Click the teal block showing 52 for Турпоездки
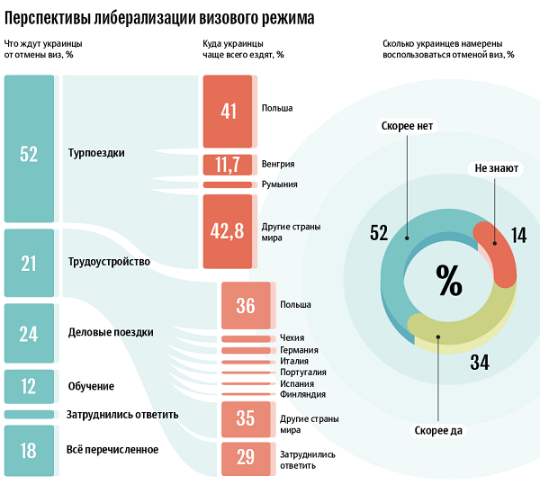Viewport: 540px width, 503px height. click(x=29, y=148)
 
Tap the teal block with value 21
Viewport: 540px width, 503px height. click(x=29, y=263)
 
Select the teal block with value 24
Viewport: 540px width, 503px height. click(x=29, y=333)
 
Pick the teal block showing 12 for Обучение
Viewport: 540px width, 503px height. click(x=29, y=386)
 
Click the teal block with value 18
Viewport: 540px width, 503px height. click(x=29, y=451)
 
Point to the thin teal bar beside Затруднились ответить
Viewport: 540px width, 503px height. click(x=29, y=414)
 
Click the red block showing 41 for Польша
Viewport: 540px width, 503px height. click(x=228, y=112)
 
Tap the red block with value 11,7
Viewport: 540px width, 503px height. click(x=228, y=165)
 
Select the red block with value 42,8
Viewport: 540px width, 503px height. click(x=228, y=231)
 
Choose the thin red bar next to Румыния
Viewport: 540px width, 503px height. click(x=228, y=184)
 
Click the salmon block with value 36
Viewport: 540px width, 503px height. click(x=246, y=305)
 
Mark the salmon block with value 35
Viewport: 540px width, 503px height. click(x=246, y=419)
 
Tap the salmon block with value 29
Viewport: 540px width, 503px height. click(x=246, y=459)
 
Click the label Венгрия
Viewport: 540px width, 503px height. click(x=278, y=164)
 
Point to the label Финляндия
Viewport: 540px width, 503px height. click(x=302, y=394)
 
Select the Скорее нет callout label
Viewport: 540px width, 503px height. click(x=407, y=126)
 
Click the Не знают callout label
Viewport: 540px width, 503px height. click(x=496, y=168)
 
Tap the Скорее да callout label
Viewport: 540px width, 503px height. click(x=438, y=431)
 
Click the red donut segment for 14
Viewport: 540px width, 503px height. click(x=500, y=251)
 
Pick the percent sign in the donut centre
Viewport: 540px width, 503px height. click(x=449, y=280)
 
